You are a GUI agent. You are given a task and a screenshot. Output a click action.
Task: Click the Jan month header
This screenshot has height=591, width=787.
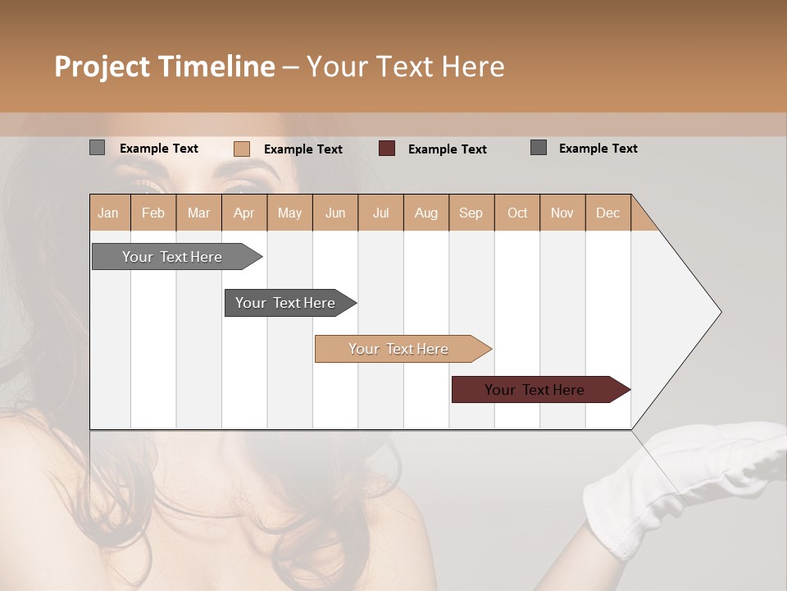(109, 213)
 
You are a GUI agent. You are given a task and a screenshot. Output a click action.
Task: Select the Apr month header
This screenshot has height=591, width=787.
(244, 213)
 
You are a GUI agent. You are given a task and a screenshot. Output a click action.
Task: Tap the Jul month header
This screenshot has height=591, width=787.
(380, 213)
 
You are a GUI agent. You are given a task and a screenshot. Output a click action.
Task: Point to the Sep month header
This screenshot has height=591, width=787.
(471, 213)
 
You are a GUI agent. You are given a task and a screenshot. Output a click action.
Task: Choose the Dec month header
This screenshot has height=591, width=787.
(607, 213)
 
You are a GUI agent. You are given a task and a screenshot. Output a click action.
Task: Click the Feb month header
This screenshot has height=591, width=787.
(153, 213)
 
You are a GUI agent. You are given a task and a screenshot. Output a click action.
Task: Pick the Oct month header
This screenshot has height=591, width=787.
(517, 213)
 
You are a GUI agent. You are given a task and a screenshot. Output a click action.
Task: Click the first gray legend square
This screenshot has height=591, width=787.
(98, 148)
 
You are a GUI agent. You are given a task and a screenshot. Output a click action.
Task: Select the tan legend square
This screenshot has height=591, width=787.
(242, 149)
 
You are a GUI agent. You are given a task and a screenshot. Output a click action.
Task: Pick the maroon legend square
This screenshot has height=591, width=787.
(387, 149)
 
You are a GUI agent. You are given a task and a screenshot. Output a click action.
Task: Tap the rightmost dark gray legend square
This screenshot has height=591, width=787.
(539, 148)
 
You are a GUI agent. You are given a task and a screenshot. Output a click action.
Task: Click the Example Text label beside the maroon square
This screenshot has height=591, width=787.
(447, 149)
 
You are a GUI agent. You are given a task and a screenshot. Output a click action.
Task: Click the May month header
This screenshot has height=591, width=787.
(289, 213)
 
